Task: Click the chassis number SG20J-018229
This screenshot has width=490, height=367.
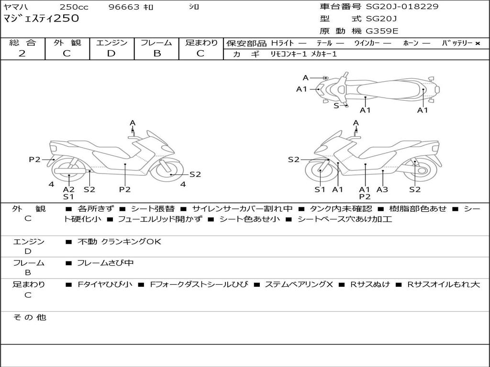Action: pyautogui.click(x=402, y=7)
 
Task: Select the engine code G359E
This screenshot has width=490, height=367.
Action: pyautogui.click(x=382, y=32)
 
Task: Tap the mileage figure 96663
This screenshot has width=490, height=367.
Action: pyautogui.click(x=124, y=7)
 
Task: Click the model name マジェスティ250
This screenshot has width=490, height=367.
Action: pyautogui.click(x=41, y=19)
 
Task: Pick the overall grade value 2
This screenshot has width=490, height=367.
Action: pyautogui.click(x=22, y=54)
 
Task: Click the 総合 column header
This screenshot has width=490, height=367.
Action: pyautogui.click(x=22, y=43)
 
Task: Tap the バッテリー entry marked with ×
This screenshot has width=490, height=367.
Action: pyautogui.click(x=460, y=43)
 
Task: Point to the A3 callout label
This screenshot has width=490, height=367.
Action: pyautogui.click(x=382, y=190)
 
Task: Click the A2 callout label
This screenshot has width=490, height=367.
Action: pyautogui.click(x=69, y=190)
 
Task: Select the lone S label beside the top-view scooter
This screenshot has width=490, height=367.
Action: pyautogui.click(x=336, y=106)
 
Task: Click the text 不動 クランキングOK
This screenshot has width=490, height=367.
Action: pyautogui.click(x=119, y=242)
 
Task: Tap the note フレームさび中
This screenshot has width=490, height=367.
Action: pyautogui.click(x=105, y=263)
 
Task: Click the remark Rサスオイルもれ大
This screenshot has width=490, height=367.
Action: pyautogui.click(x=443, y=284)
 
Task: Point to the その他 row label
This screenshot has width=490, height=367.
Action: pyautogui.click(x=29, y=317)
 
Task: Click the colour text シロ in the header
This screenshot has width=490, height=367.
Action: pyautogui.click(x=194, y=7)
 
